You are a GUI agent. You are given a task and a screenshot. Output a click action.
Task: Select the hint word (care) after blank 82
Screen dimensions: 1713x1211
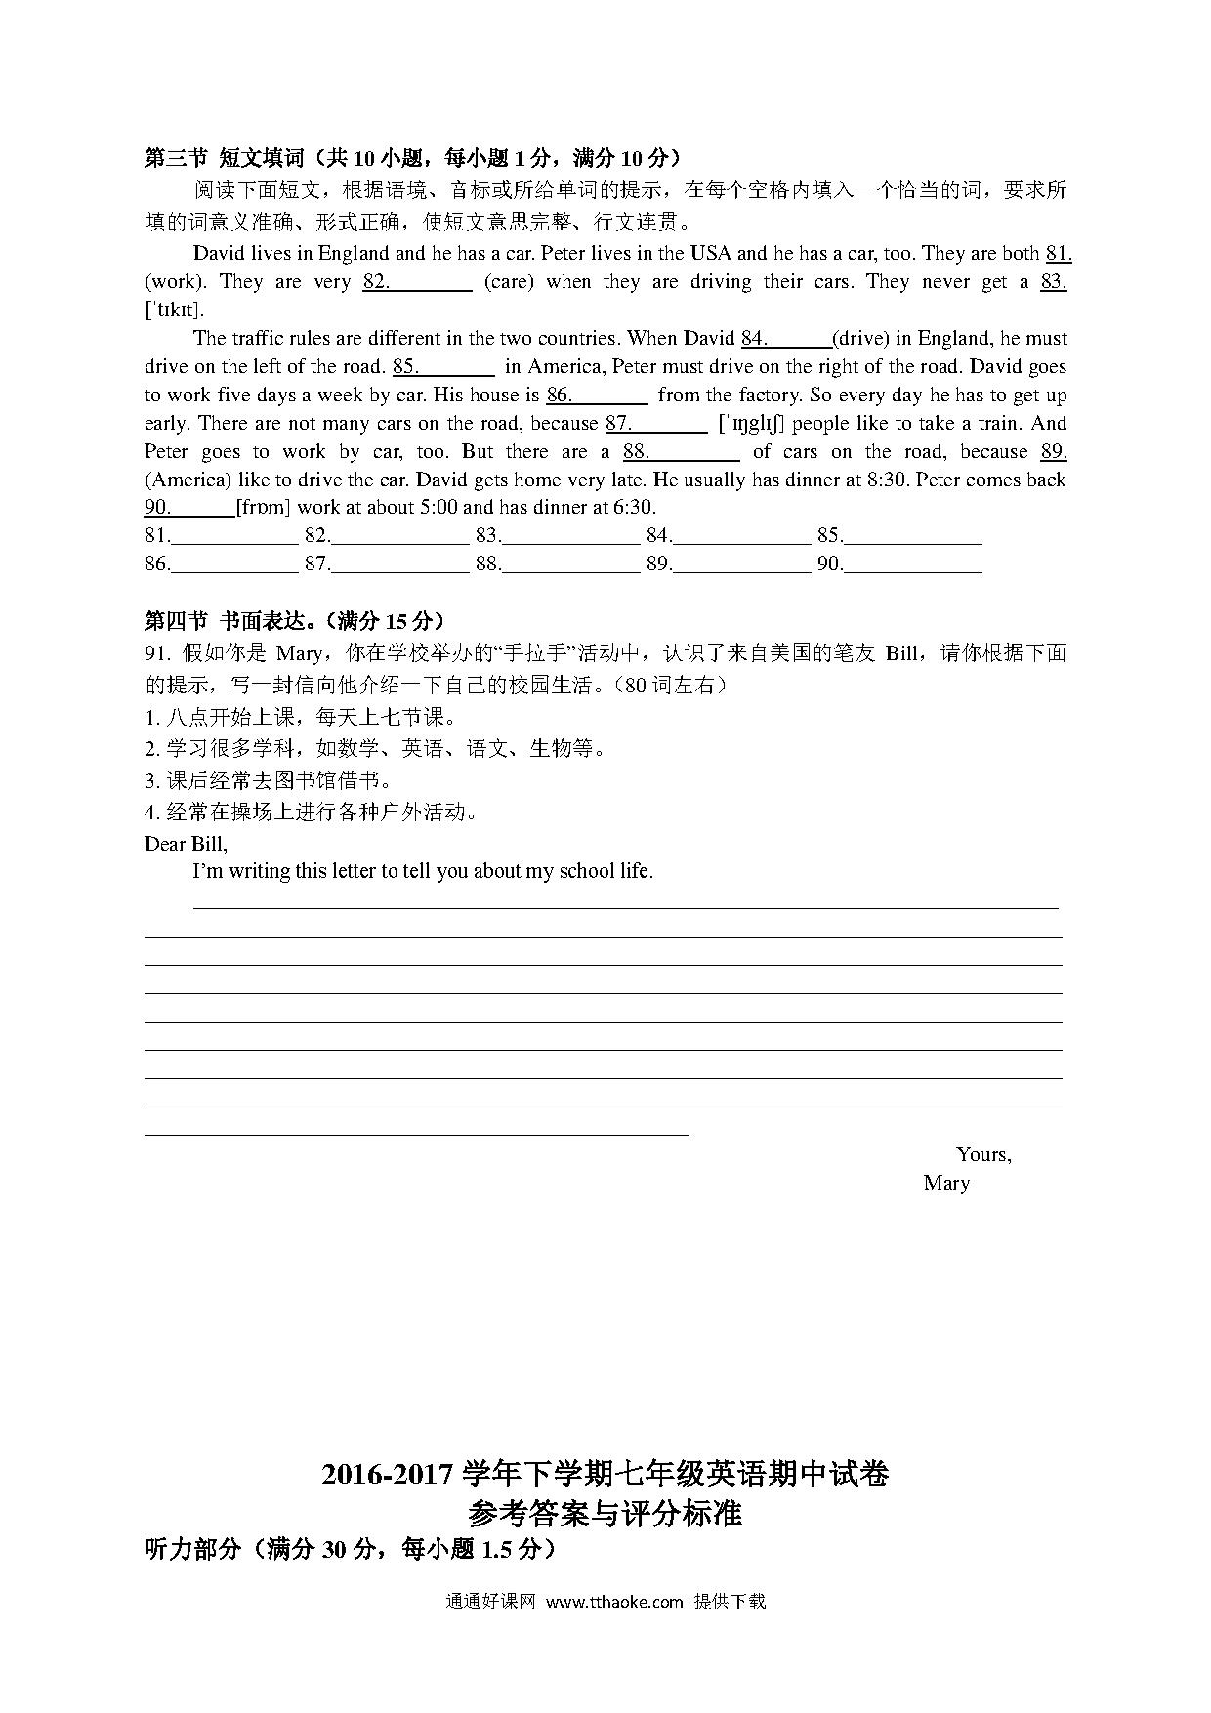coord(509,282)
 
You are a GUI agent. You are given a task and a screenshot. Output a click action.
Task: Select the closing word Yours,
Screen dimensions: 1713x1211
coord(983,1154)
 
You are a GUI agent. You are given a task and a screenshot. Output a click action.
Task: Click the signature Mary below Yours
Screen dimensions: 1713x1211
coord(946,1183)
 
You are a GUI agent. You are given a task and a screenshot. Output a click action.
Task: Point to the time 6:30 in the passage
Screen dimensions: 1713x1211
coord(635,508)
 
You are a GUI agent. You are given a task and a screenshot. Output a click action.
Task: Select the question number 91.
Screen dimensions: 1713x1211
coord(157,654)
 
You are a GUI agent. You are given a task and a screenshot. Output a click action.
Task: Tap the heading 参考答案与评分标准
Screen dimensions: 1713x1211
coord(605,1513)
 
